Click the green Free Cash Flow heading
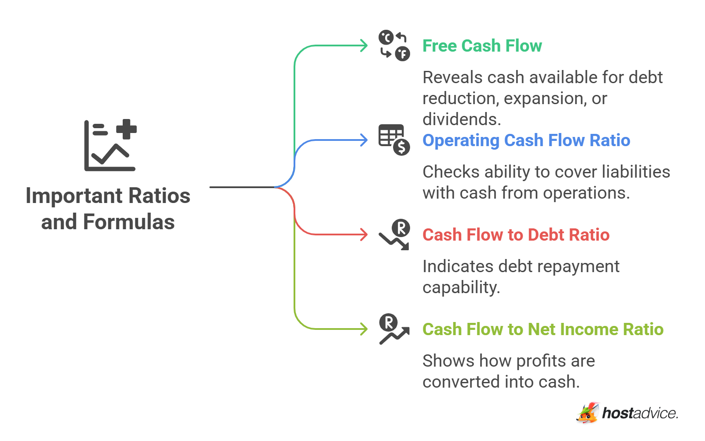click(482, 46)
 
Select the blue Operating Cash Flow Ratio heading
click(526, 140)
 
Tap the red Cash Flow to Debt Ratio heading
click(516, 235)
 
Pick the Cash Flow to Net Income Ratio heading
click(543, 329)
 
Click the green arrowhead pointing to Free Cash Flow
click(364, 45)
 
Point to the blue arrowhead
click(364, 140)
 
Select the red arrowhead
click(364, 234)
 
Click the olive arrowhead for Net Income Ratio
click(364, 329)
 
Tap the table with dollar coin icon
click(394, 140)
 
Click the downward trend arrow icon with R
click(394, 234)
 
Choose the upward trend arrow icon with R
click(394, 329)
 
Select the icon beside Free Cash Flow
click(394, 45)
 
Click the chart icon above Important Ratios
click(110, 145)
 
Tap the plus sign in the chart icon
click(127, 129)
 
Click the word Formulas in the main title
click(129, 222)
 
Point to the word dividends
click(462, 119)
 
